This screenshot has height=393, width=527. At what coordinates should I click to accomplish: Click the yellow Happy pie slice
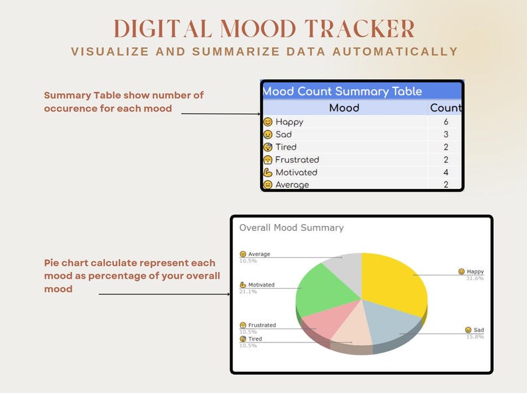[392, 279]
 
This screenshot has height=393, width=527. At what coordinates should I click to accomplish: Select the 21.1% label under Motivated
[248, 291]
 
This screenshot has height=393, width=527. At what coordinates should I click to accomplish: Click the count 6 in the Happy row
[446, 122]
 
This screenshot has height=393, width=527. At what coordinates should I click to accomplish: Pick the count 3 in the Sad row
[446, 134]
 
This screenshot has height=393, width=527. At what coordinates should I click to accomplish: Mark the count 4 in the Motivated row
[446, 172]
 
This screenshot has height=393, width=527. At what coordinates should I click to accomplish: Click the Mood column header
[344, 108]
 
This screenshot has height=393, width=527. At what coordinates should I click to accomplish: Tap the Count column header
[445, 108]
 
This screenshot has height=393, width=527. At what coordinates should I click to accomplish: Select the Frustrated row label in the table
[297, 160]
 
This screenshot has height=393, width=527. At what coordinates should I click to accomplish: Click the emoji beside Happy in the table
[267, 122]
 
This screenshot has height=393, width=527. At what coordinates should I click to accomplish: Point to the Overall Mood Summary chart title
[291, 227]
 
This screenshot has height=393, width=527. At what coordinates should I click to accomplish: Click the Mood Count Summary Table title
[342, 91]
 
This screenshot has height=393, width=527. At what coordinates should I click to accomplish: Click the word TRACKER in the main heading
[360, 29]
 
